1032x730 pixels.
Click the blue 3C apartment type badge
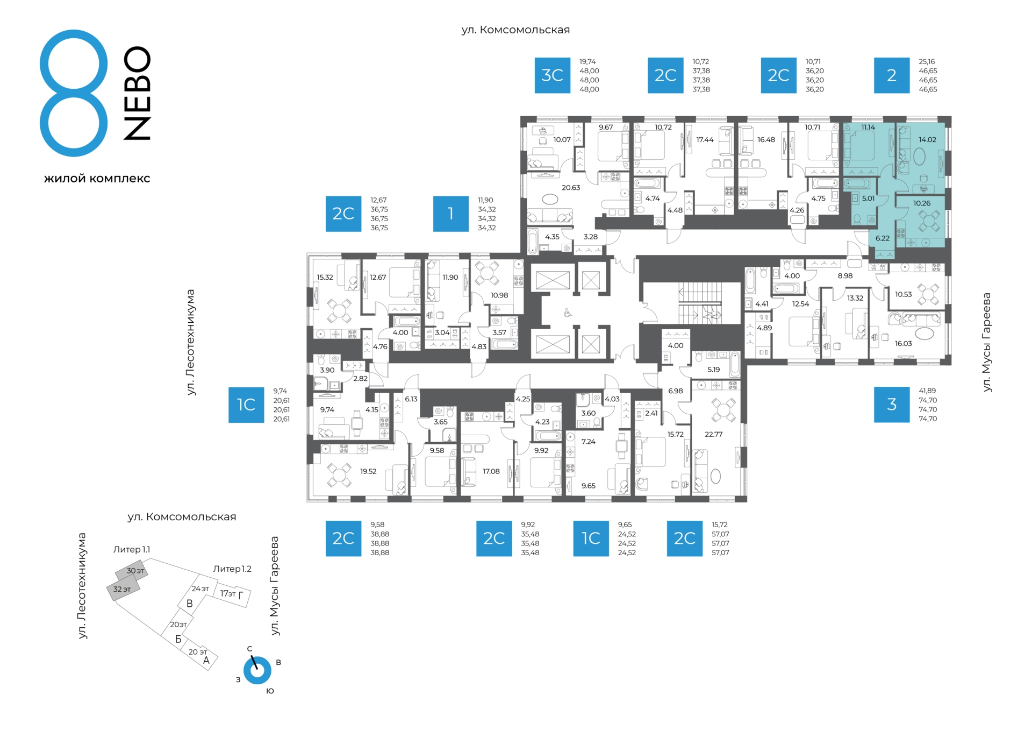click(x=552, y=75)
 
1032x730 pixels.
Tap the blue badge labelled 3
click(x=891, y=405)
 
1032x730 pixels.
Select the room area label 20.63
click(x=571, y=188)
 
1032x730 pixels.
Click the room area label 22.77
click(x=713, y=434)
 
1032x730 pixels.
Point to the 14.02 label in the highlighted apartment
click(x=927, y=139)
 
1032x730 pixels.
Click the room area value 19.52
click(x=368, y=471)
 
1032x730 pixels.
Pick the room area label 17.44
click(x=705, y=139)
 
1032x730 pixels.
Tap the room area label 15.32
click(x=325, y=278)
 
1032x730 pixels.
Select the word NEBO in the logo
click(x=137, y=93)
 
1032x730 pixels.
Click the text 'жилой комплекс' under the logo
click(x=97, y=179)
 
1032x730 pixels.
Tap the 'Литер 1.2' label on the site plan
click(x=232, y=569)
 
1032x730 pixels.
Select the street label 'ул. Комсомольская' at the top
click(x=515, y=30)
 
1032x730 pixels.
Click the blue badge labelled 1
click(x=451, y=214)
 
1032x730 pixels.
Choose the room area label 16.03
click(x=903, y=343)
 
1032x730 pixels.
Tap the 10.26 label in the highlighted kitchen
click(x=921, y=203)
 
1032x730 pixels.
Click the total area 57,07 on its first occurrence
click(x=720, y=534)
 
